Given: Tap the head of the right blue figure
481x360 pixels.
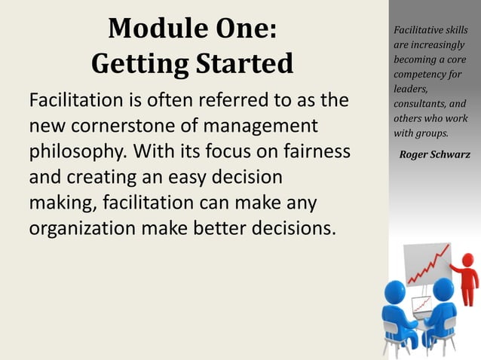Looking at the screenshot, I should click(443, 288).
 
